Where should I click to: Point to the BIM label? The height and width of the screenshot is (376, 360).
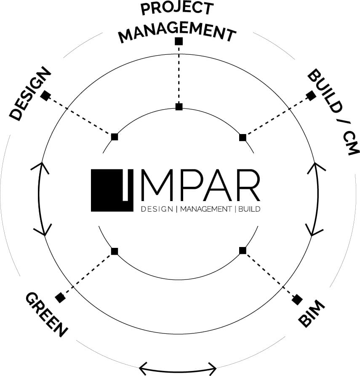point(311,314)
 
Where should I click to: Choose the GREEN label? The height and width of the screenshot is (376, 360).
point(46,314)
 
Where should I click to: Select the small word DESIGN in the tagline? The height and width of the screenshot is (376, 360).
point(157,209)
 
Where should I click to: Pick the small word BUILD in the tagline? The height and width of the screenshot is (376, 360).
point(249,209)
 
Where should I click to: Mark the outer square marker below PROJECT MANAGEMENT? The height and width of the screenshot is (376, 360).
point(179,41)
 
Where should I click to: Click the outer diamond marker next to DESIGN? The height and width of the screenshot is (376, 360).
point(45,96)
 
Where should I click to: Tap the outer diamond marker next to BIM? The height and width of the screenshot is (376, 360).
point(297,300)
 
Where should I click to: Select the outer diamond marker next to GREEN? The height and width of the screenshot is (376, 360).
point(61,298)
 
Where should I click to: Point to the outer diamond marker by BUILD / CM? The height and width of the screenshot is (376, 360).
point(311,96)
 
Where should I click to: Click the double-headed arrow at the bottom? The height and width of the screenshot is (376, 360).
point(178,368)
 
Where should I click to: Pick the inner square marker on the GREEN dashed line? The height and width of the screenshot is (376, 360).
point(115,251)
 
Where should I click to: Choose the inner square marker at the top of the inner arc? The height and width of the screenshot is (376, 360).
point(179,107)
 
